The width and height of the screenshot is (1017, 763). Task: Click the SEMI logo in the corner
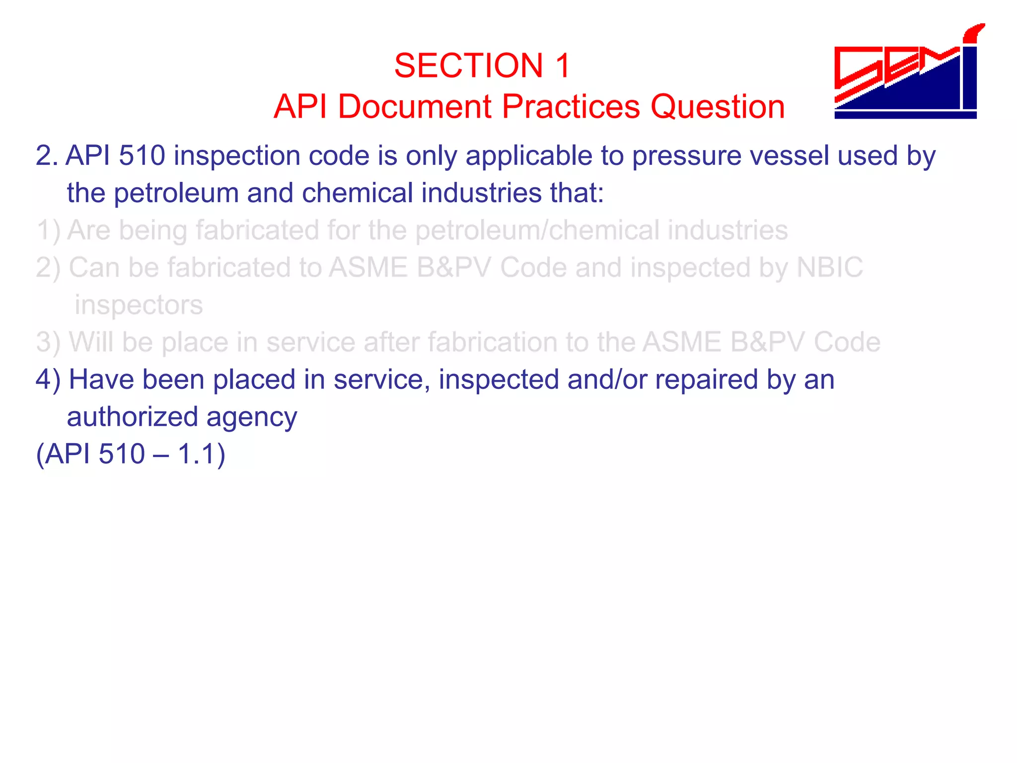906,75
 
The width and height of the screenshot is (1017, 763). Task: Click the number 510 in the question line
142,155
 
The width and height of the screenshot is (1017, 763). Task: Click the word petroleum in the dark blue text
176,193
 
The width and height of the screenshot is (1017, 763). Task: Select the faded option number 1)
48,230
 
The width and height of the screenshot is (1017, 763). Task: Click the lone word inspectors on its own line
139,305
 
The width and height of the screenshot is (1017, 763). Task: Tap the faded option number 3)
48,342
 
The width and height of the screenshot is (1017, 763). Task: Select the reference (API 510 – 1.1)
131,454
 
